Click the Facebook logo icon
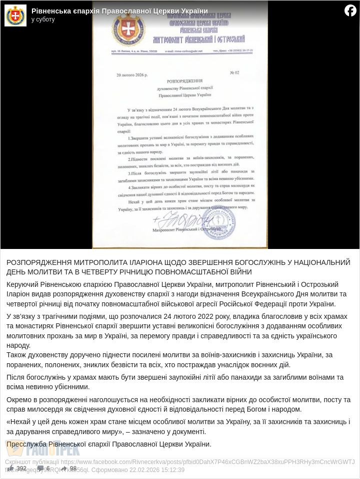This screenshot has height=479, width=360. tap(350, 10)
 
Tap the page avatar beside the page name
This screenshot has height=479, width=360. tap(15, 15)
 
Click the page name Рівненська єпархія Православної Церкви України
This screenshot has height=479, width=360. tap(119, 11)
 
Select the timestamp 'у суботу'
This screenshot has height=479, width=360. tap(43, 19)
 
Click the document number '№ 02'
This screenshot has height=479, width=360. tap(234, 73)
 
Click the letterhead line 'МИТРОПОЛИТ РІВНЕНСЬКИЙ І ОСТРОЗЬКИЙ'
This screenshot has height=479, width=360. tap(198, 39)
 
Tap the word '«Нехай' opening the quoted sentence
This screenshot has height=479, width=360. tap(19, 422)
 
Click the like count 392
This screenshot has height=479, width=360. tap(21, 469)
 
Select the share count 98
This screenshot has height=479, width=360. tap(73, 469)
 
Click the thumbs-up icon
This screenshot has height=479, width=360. tap(10, 468)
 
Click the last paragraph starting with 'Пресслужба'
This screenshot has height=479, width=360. tap(109, 444)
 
